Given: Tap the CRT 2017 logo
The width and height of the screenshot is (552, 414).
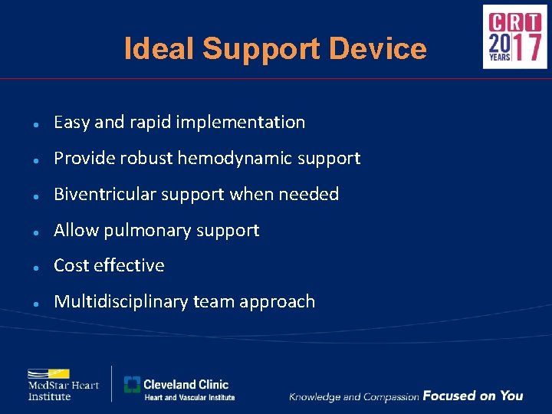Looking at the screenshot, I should pyautogui.click(x=514, y=37).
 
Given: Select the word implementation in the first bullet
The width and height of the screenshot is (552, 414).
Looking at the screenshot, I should pyautogui.click(x=241, y=123).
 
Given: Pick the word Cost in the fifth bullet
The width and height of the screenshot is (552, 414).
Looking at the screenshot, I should pyautogui.click(x=71, y=266).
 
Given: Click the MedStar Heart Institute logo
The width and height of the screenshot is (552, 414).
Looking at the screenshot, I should pyautogui.click(x=64, y=385).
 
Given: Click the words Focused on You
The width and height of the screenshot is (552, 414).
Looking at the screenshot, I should pyautogui.click(x=472, y=396).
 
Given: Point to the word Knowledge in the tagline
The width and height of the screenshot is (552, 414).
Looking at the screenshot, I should pyautogui.click(x=314, y=396).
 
